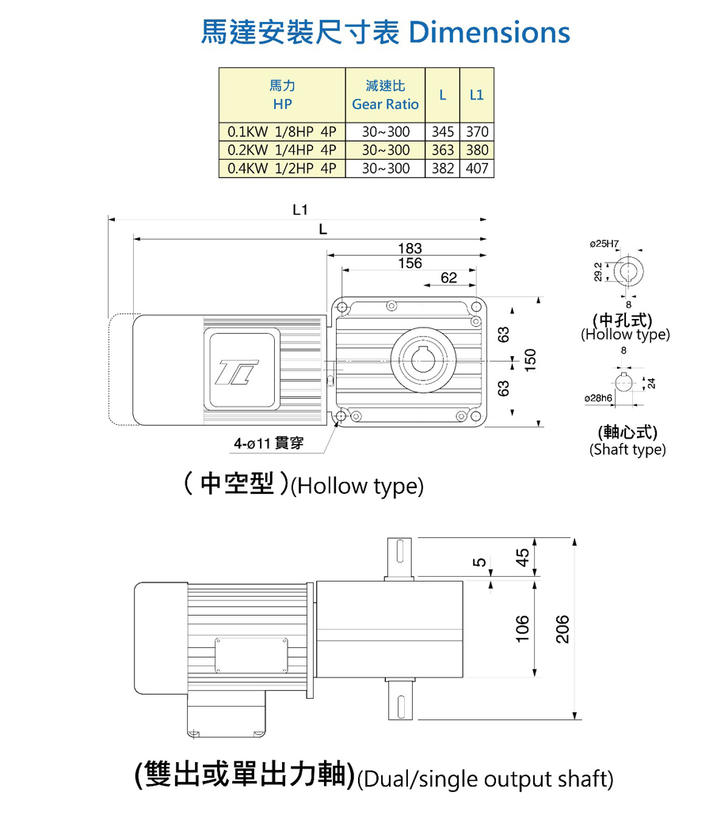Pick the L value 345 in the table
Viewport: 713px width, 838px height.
coord(442,131)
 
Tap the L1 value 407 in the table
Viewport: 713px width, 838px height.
coord(477,169)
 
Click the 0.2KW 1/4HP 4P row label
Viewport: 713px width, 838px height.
coord(282,150)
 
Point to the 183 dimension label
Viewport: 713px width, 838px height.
coord(410,248)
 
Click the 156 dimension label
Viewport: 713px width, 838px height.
coord(410,264)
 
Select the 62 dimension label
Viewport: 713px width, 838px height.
coord(449,279)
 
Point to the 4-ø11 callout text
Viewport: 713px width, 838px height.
coord(269,444)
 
